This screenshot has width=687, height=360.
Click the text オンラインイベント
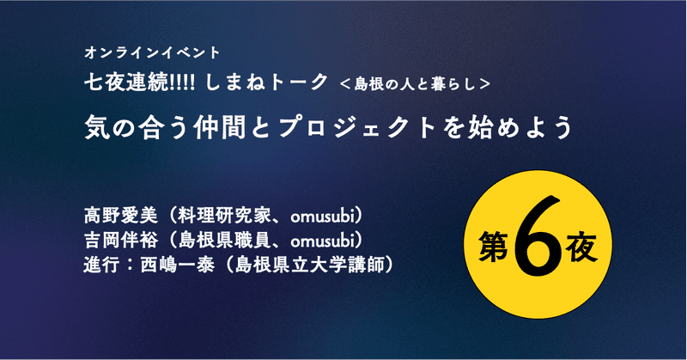click(x=152, y=52)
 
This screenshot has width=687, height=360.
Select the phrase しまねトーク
click(x=266, y=82)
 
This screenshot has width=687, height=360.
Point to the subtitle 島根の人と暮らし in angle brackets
click(x=415, y=83)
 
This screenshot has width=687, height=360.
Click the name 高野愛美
click(x=120, y=216)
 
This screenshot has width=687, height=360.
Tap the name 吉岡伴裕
click(x=120, y=241)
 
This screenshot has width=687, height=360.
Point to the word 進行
click(x=101, y=265)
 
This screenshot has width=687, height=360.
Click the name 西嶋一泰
click(x=177, y=265)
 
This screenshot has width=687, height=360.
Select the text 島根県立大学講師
click(x=309, y=265)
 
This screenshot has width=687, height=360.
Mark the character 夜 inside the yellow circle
click(x=581, y=247)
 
